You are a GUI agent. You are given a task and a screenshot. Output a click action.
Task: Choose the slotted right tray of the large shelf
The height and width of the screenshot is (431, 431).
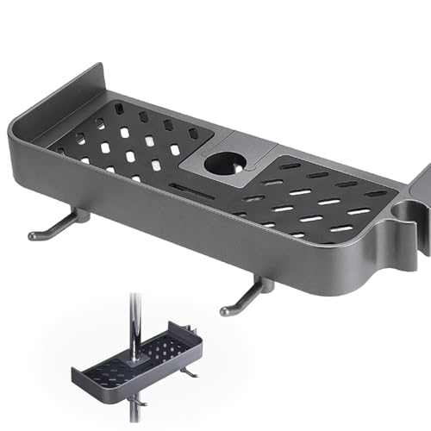point(319,198)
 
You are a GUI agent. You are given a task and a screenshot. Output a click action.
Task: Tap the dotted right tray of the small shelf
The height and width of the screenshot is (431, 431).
point(164,349)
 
